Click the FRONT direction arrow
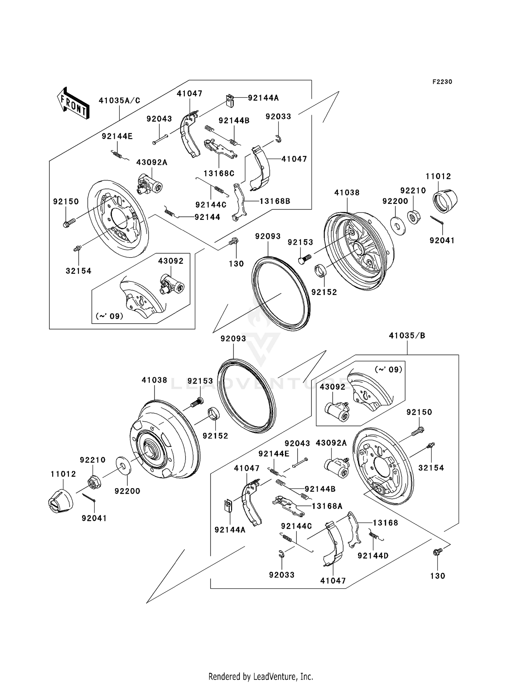pyautogui.click(x=73, y=103)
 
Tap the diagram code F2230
pyautogui.click(x=442, y=82)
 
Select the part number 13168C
pyautogui.click(x=219, y=173)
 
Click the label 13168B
pyautogui.click(x=275, y=201)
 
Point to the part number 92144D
pyautogui.click(x=373, y=556)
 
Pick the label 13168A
pyautogui.click(x=327, y=506)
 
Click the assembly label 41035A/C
pyautogui.click(x=119, y=101)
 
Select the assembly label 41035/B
pyautogui.click(x=407, y=336)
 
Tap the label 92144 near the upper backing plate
pyautogui.click(x=207, y=217)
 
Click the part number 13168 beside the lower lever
pyautogui.click(x=385, y=523)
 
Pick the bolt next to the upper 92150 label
pyautogui.click(x=69, y=222)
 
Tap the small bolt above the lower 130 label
pyautogui.click(x=437, y=552)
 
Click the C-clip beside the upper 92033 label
pyautogui.click(x=278, y=138)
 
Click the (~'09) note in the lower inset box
pyautogui.click(x=388, y=370)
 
